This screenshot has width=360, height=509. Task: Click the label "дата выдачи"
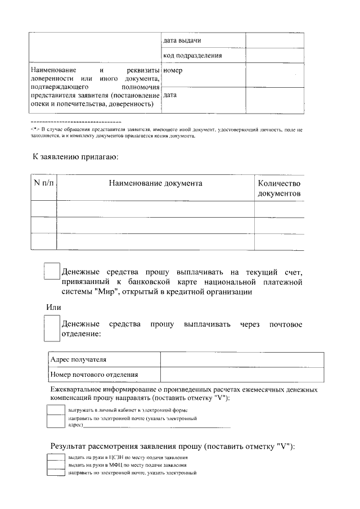pyautogui.click(x=182, y=40)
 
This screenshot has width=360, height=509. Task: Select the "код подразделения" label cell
pyautogui.click(x=192, y=55)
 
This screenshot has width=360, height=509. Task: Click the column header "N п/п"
pyautogui.click(x=43, y=183)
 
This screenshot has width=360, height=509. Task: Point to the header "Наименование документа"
pyautogui.click(x=155, y=183)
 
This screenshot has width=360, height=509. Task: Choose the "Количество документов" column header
pyautogui.click(x=279, y=188)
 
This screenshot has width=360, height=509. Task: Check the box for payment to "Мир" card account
pyautogui.click(x=52, y=271)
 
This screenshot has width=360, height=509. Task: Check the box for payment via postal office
pyautogui.click(x=52, y=328)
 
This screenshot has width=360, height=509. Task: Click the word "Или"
pyautogui.click(x=53, y=307)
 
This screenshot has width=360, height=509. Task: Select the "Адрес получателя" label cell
pyautogui.click(x=78, y=360)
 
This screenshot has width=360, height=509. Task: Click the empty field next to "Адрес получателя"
pyautogui.click(x=242, y=360)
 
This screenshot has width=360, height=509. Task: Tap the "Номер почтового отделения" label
pyautogui.click(x=94, y=375)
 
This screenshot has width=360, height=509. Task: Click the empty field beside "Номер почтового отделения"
pyautogui.click(x=242, y=375)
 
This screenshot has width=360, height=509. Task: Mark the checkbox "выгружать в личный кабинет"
pyautogui.click(x=56, y=410)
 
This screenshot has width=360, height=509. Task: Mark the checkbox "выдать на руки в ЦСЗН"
pyautogui.click(x=56, y=458)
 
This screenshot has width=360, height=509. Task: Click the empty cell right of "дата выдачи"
pyautogui.click(x=274, y=40)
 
